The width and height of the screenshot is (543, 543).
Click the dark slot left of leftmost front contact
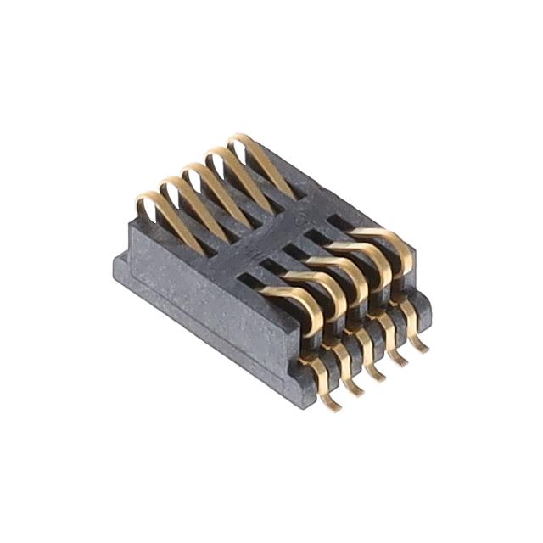click(x=255, y=281)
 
